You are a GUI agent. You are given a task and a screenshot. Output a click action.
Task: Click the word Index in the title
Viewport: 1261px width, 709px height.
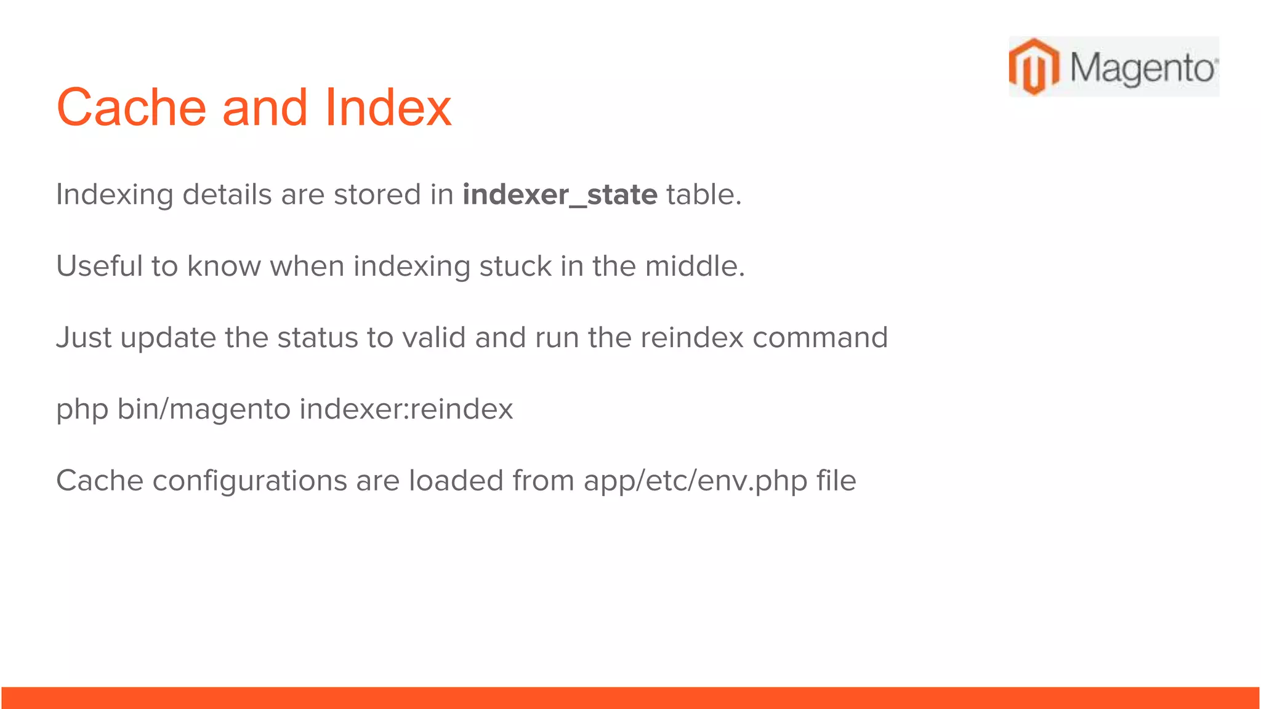pos(388,108)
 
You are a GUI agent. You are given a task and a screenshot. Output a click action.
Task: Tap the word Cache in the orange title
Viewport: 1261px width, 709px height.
pos(131,108)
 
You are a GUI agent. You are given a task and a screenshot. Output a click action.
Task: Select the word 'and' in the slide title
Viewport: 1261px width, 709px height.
pos(264,108)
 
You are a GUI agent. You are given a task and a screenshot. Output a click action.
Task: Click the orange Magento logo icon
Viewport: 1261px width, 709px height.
pos(1034,66)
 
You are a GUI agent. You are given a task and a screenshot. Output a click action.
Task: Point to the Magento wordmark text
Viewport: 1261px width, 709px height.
pos(1143,68)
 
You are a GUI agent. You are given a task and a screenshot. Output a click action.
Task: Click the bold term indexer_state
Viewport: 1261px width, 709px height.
pos(560,195)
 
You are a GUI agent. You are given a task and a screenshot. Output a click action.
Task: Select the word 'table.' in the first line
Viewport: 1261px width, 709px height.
pos(704,195)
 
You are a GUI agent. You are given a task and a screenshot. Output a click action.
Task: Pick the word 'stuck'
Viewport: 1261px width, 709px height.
pos(515,266)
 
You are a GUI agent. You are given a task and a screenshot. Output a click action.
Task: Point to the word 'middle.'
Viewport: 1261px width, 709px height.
pos(695,266)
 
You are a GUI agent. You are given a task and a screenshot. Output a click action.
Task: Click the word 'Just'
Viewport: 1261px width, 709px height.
pos(84,338)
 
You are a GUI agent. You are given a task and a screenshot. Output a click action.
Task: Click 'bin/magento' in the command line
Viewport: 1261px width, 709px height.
pos(204,409)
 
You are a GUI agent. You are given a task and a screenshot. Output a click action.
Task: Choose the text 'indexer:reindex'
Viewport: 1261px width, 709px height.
pos(406,409)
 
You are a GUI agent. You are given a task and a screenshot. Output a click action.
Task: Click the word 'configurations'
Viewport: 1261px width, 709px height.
pos(249,481)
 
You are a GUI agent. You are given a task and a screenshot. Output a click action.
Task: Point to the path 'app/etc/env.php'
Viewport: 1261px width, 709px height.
pos(696,481)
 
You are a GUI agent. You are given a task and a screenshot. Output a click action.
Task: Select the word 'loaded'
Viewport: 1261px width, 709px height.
pos(456,481)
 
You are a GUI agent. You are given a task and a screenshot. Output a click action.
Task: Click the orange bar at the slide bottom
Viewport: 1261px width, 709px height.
pos(630,698)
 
